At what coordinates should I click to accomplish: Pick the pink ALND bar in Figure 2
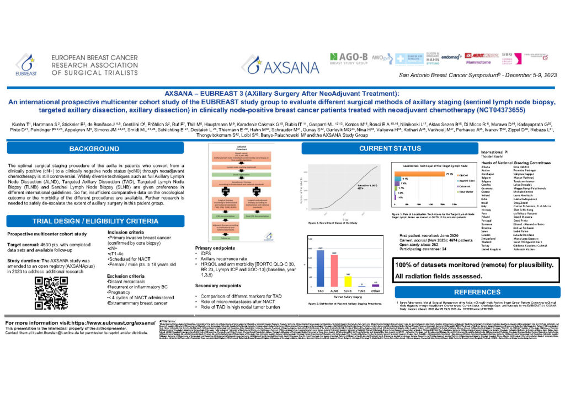334,271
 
